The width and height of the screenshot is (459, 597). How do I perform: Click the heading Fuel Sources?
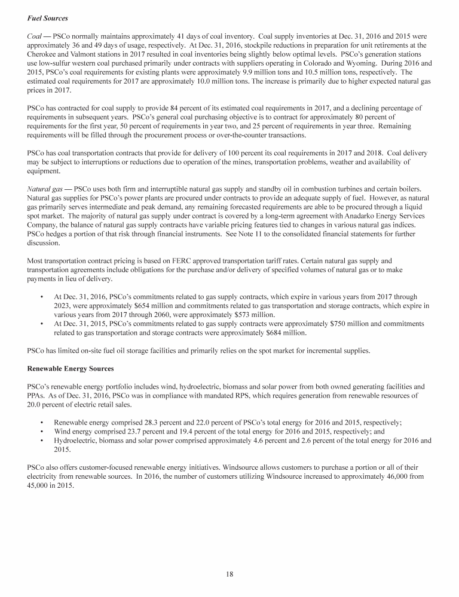coord(47,10)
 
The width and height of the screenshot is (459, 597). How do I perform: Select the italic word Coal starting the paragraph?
coord(35,27)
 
